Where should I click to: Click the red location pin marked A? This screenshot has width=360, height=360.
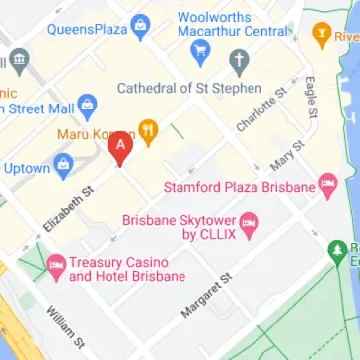(x=120, y=150)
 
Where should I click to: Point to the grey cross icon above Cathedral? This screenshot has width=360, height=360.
(x=237, y=63)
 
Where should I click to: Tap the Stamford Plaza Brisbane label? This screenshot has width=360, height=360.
(x=242, y=185)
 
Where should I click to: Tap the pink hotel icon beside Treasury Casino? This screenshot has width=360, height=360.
(x=55, y=263)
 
